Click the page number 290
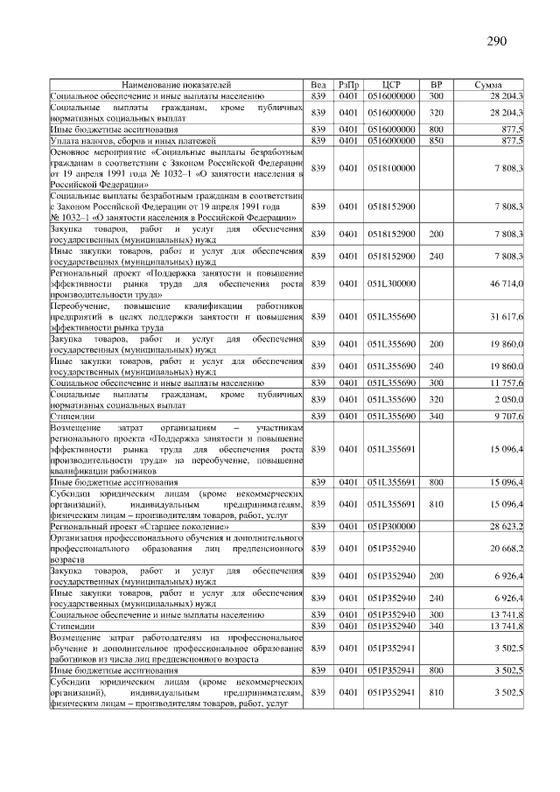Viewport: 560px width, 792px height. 496,40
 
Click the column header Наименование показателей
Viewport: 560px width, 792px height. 176,85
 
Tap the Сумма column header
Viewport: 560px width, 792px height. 487,85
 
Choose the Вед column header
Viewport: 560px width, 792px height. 318,85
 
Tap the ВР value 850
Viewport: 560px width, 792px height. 437,140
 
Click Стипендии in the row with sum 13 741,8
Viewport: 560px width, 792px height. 70,627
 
